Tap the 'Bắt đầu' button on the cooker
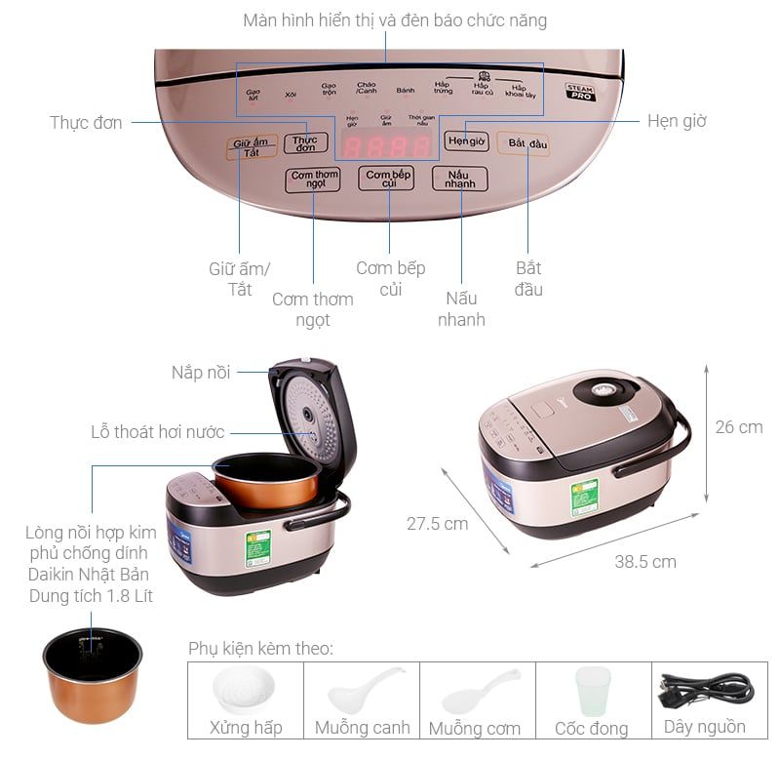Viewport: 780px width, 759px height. (523, 143)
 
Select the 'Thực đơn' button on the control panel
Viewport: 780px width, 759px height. (305, 143)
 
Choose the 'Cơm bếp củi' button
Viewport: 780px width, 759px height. (386, 179)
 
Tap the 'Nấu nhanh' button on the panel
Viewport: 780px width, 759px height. (460, 179)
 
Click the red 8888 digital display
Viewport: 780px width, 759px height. (388, 147)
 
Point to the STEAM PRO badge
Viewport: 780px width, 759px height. (581, 93)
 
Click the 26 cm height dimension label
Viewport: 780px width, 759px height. (738, 427)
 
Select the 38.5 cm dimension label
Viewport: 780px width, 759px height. (644, 561)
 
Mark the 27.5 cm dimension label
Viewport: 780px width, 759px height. (437, 524)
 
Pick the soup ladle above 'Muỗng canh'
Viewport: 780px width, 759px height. (363, 692)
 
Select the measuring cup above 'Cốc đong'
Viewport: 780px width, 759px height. (592, 692)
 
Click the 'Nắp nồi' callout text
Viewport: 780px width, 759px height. (201, 373)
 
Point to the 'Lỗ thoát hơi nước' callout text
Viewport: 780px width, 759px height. (158, 431)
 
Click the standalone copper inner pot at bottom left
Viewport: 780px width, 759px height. (93, 673)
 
